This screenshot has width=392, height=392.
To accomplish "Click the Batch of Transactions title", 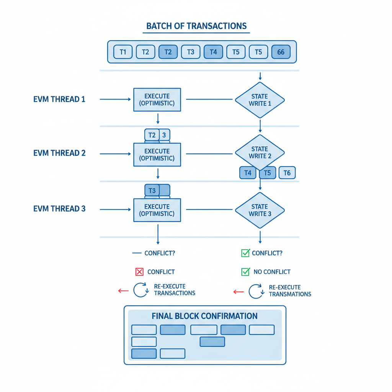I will (x=196, y=26).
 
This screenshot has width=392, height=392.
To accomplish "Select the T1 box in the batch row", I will (x=122, y=52).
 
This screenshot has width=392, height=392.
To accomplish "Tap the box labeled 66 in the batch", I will (x=281, y=52).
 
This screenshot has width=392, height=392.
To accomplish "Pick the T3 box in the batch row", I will (x=190, y=52).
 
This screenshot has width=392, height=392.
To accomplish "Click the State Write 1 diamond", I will (x=260, y=100).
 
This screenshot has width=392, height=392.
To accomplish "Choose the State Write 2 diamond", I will (x=260, y=152).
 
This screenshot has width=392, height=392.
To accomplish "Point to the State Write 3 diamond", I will (x=260, y=210).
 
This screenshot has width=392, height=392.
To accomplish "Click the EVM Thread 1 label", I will (x=59, y=99).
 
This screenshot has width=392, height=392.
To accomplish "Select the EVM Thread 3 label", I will (x=59, y=209).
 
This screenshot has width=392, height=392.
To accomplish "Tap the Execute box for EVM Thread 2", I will (x=157, y=155).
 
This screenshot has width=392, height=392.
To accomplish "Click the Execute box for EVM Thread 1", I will (x=157, y=100).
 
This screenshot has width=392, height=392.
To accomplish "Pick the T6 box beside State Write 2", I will (x=287, y=173).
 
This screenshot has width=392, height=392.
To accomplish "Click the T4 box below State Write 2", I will (x=248, y=173).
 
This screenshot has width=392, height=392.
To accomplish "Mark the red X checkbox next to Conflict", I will (x=139, y=272).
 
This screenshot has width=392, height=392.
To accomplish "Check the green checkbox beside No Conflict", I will (x=245, y=272).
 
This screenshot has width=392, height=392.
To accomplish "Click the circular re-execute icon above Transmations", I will (x=255, y=291).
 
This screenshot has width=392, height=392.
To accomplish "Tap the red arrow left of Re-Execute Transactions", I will (x=123, y=291).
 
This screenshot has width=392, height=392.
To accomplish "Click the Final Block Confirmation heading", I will (x=204, y=316).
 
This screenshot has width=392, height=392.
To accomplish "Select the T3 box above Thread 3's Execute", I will (x=152, y=190).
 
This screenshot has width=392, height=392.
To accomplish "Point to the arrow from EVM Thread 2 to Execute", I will (x=115, y=154).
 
